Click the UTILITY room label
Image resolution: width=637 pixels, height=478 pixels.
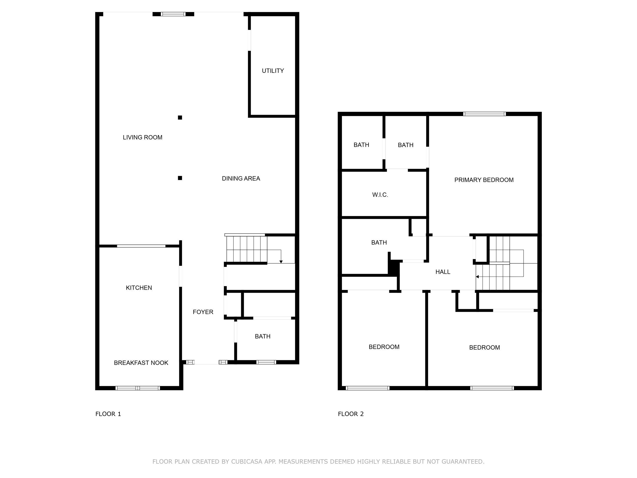pyautogui.click(x=272, y=71)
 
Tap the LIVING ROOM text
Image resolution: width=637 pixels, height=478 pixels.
pyautogui.click(x=142, y=137)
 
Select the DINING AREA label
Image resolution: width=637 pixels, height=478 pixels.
pyautogui.click(x=241, y=178)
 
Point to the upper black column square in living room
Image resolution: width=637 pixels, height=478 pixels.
pyautogui.click(x=180, y=118)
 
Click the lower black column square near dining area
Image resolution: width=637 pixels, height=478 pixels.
pyautogui.click(x=180, y=178)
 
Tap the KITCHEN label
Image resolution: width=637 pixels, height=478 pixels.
pyautogui.click(x=139, y=288)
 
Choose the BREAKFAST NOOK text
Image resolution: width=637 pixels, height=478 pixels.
pyautogui.click(x=141, y=363)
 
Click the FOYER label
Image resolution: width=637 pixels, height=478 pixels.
pyautogui.click(x=203, y=312)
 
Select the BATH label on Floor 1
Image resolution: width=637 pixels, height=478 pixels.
pyautogui.click(x=262, y=336)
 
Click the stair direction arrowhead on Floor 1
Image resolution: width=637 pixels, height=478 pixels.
pyautogui.click(x=281, y=262)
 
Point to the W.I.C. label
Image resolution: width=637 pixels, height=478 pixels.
pyautogui.click(x=380, y=195)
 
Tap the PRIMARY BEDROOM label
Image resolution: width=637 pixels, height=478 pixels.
pyautogui.click(x=484, y=180)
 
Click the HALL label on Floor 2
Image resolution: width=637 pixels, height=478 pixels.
pyautogui.click(x=443, y=272)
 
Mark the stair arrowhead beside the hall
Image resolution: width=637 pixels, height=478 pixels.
pyautogui.click(x=477, y=277)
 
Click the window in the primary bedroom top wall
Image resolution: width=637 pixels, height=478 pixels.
pyautogui.click(x=484, y=114)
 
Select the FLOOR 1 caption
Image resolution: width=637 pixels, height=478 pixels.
pyautogui.click(x=108, y=414)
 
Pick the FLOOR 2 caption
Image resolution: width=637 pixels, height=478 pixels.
pyautogui.click(x=350, y=414)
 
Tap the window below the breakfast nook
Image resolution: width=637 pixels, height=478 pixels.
pyautogui.click(x=138, y=388)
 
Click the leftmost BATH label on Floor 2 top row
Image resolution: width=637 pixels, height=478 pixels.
pyautogui.click(x=361, y=145)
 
